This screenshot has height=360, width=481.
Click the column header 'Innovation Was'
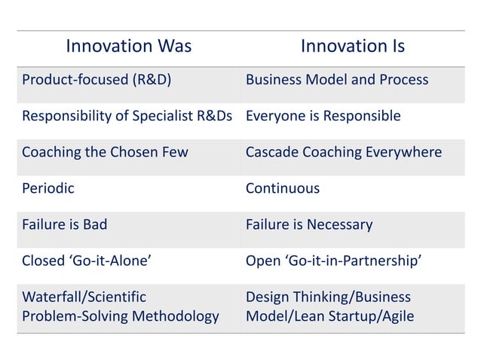(x=128, y=47)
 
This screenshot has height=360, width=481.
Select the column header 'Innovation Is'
(x=352, y=47)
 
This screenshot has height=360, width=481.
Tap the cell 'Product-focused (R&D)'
(x=97, y=80)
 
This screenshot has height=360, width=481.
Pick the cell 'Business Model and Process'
(x=336, y=80)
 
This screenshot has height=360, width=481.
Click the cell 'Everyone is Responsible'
(x=323, y=116)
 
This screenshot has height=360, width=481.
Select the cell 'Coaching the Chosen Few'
(x=105, y=152)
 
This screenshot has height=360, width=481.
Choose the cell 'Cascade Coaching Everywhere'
(x=343, y=152)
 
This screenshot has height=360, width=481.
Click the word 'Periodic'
(x=48, y=188)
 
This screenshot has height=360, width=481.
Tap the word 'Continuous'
(x=283, y=188)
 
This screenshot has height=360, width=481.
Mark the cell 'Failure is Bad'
(x=65, y=224)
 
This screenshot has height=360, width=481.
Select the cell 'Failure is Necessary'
(x=309, y=224)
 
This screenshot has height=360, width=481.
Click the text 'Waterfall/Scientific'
(x=84, y=297)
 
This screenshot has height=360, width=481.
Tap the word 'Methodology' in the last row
(x=175, y=316)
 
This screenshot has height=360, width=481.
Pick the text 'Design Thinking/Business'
(x=328, y=297)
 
